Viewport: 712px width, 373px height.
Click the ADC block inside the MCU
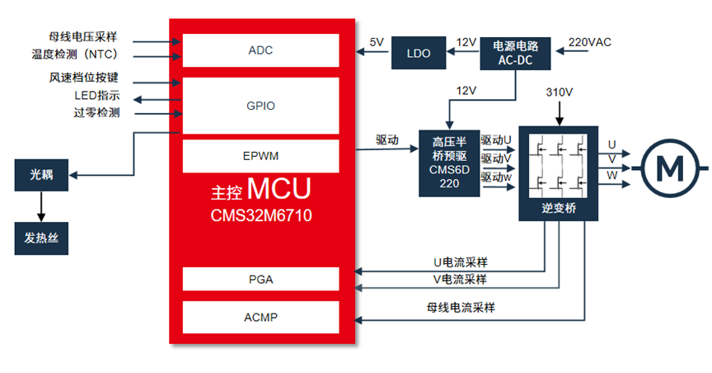point(260,50)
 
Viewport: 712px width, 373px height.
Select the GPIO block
point(260,106)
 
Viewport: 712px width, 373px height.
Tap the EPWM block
point(260,156)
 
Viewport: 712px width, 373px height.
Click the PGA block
point(260,279)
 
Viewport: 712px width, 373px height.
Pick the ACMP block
point(260,317)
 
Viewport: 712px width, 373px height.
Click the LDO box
point(418,53)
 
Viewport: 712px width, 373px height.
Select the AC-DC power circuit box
point(515,53)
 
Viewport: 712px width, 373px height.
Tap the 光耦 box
point(41,175)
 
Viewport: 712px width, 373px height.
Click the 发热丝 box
point(41,238)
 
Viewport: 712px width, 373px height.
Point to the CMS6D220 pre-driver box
point(449,163)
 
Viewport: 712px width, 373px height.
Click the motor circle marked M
point(670,168)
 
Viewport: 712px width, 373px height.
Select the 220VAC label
point(589,42)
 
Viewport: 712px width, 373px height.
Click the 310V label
point(559,92)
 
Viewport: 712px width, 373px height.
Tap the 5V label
point(377,42)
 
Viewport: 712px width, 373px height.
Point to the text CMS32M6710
point(261,215)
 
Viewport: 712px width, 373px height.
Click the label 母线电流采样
point(461,308)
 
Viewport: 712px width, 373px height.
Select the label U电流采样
point(461,262)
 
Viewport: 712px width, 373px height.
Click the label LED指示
point(97,96)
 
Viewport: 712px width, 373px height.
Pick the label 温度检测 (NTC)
point(75,54)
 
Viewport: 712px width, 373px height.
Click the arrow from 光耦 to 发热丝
point(41,206)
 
